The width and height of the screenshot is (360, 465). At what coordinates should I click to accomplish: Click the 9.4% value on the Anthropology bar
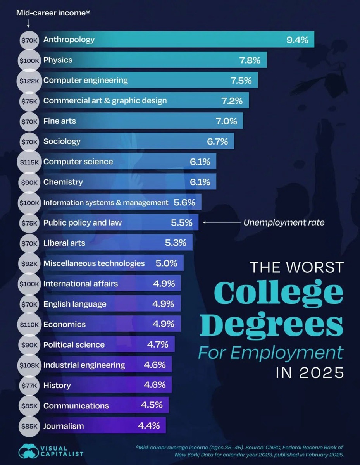pyautogui.click(x=297, y=40)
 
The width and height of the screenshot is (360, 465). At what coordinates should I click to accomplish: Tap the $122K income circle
pyautogui.click(x=29, y=81)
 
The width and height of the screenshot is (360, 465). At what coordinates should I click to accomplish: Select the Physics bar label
pyautogui.click(x=58, y=60)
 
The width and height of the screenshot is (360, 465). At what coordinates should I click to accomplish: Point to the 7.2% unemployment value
pyautogui.click(x=232, y=101)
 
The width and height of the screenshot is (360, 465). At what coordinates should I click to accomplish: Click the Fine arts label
pyautogui.click(x=59, y=121)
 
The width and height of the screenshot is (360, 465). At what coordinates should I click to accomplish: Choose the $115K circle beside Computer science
pyautogui.click(x=29, y=162)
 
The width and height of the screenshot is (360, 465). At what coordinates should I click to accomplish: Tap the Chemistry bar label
pyautogui.click(x=63, y=182)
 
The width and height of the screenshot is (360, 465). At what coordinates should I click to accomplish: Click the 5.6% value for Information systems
pyautogui.click(x=184, y=202)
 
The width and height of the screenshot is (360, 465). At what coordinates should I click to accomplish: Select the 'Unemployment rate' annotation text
pyautogui.click(x=284, y=222)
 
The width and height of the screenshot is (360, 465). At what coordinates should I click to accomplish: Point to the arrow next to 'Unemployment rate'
pyautogui.click(x=221, y=222)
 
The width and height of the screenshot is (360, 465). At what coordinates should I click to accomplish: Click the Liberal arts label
pyautogui.click(x=64, y=243)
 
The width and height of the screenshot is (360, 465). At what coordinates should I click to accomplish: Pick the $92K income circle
pyautogui.click(x=29, y=263)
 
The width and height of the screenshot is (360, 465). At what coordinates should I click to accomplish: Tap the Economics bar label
pyautogui.click(x=64, y=324)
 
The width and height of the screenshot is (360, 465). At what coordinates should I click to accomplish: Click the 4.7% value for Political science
pyautogui.click(x=158, y=344)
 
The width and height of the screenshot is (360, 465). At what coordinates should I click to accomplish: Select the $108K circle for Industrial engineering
pyautogui.click(x=29, y=365)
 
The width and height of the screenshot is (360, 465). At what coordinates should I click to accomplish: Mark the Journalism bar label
pyautogui.click(x=63, y=426)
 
